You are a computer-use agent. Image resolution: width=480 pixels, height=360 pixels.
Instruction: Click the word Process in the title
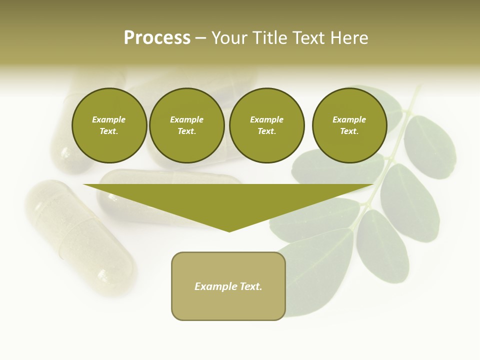157,38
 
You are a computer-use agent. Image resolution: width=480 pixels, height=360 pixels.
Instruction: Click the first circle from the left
109,125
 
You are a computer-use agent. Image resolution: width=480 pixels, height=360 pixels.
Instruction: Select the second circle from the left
186,125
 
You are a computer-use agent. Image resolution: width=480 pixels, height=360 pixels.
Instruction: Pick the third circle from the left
266,125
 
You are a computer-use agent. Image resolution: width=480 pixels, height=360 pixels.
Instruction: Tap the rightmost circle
349,125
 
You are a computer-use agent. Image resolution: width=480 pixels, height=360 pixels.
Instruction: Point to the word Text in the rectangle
251,286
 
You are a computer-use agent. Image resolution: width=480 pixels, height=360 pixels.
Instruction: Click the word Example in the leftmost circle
109,119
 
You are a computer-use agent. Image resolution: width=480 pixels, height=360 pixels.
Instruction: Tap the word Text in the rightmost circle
349,131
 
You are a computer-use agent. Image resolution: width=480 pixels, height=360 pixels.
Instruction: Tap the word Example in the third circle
266,119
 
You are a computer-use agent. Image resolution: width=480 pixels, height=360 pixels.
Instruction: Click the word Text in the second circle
186,131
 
